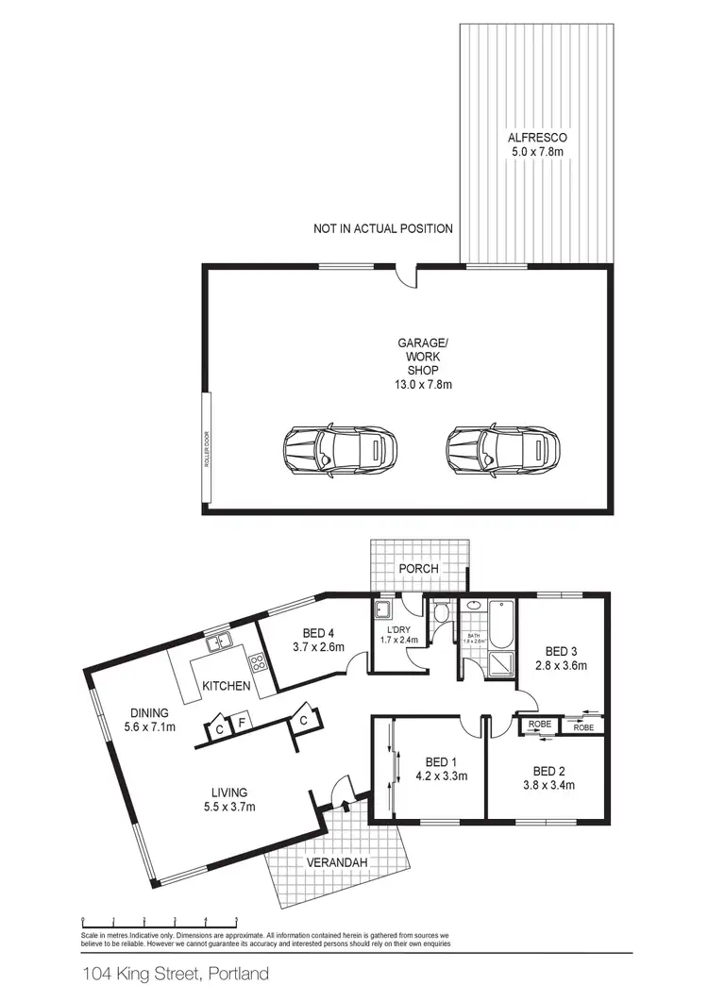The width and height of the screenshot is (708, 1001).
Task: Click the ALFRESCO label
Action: tap(536, 137)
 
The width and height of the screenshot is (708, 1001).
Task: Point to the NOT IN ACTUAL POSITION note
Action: tap(383, 228)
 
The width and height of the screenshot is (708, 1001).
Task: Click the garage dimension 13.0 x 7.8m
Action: tap(423, 384)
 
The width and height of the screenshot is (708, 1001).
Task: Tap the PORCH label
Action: tap(419, 570)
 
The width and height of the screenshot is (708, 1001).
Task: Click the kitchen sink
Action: tap(219, 643)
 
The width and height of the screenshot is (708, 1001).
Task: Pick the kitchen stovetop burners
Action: tap(257, 661)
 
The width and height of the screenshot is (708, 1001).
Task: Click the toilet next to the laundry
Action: tap(443, 617)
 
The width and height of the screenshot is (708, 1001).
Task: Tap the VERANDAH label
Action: tap(336, 863)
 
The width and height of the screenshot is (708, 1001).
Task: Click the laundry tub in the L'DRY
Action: tap(384, 609)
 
